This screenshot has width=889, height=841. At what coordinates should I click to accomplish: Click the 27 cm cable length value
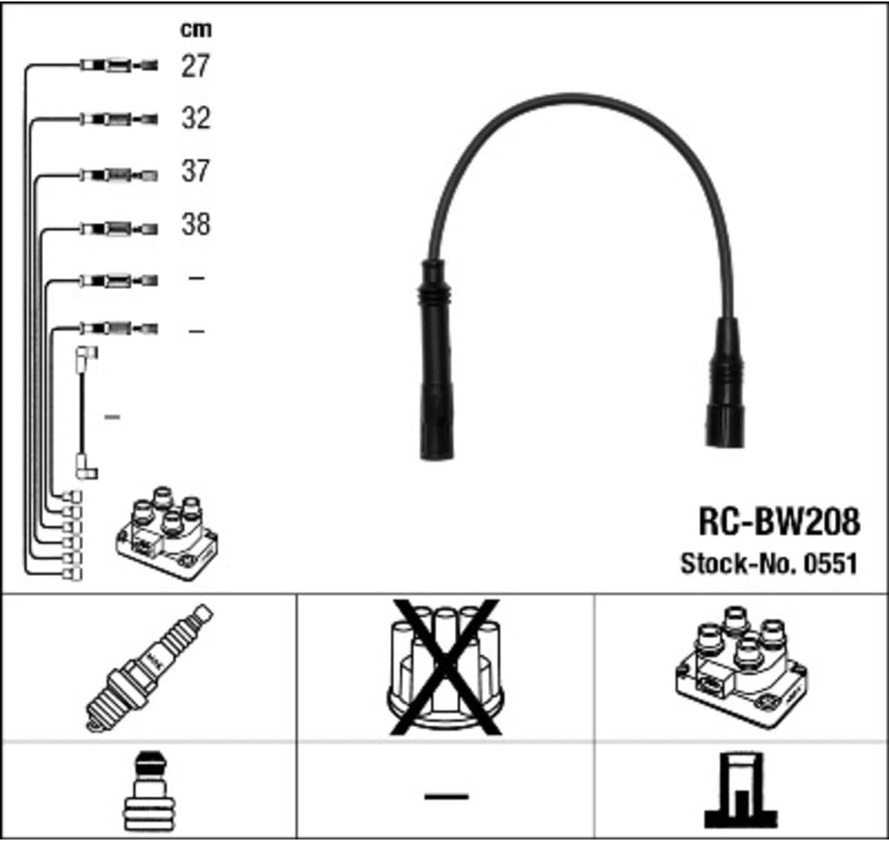click(196, 66)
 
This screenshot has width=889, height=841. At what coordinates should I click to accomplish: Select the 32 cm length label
click(196, 119)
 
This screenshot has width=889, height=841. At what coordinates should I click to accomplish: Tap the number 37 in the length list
click(196, 171)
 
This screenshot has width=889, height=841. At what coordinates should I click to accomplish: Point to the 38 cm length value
click(196, 224)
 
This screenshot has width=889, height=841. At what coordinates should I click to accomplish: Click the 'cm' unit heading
click(196, 30)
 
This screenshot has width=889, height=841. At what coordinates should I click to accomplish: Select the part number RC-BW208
click(779, 522)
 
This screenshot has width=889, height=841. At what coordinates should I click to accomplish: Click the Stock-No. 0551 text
click(769, 564)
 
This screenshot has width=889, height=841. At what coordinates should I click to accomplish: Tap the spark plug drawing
click(148, 668)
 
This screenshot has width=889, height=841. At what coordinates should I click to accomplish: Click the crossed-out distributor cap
click(444, 668)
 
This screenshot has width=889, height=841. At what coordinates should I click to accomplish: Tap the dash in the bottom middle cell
click(446, 797)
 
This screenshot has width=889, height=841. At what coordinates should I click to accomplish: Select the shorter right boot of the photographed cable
click(724, 385)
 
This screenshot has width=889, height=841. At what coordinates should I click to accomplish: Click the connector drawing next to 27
click(119, 66)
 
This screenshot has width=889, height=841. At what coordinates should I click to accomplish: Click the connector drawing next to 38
click(119, 229)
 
